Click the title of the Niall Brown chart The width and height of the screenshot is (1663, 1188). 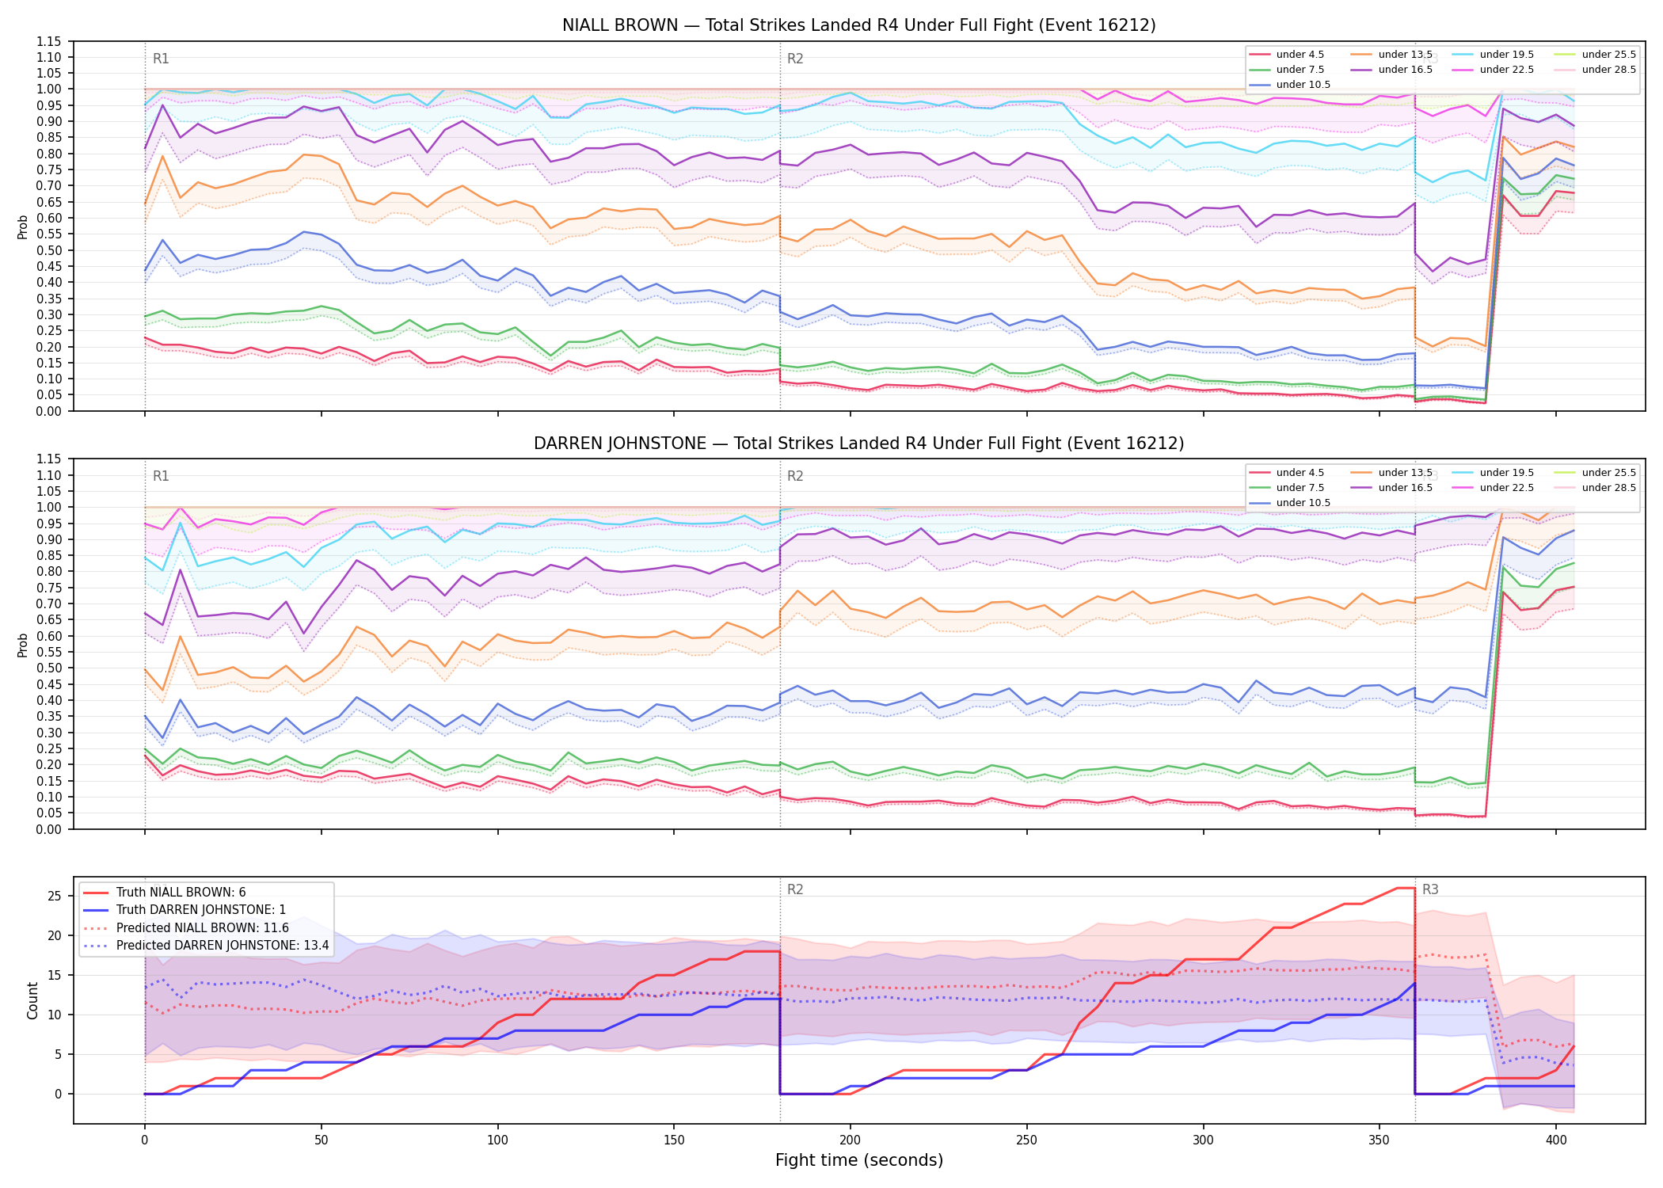pyautogui.click(x=858, y=25)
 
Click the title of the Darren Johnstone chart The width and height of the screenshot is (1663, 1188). pyautogui.click(x=858, y=444)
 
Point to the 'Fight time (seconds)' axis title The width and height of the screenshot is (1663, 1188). pyautogui.click(x=859, y=1160)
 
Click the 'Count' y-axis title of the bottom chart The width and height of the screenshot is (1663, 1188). pyautogui.click(x=32, y=1000)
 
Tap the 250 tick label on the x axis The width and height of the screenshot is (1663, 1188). pyautogui.click(x=1026, y=1140)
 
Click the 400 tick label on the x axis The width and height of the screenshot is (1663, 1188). pyautogui.click(x=1556, y=1140)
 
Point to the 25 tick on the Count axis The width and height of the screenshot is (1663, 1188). pyautogui.click(x=55, y=897)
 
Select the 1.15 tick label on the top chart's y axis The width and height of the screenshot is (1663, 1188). pyautogui.click(x=50, y=41)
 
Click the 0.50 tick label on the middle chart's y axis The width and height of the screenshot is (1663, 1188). pyautogui.click(x=50, y=668)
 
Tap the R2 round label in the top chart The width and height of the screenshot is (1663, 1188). pyautogui.click(x=795, y=59)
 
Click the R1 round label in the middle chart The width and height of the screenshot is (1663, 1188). pyautogui.click(x=161, y=476)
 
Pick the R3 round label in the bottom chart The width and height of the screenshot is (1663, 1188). pyautogui.click(x=1430, y=889)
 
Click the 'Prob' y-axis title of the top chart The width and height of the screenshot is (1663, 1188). pyautogui.click(x=23, y=227)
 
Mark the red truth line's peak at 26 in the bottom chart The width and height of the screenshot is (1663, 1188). pyautogui.click(x=1406, y=888)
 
